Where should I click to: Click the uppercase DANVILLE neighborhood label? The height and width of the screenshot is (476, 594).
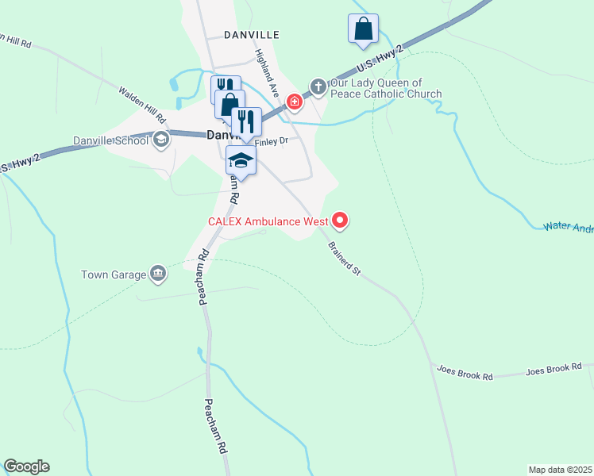pos(252,35)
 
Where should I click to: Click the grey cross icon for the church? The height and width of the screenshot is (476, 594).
pos(318,86)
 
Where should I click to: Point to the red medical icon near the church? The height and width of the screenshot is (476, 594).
pos(295,102)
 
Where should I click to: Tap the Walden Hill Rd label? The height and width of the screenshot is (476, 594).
pos(143,104)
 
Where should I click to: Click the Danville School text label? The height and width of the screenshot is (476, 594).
pos(110,141)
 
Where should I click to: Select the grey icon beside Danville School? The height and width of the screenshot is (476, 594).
pos(161,141)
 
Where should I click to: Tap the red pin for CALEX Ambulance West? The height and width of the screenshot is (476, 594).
pos(340,220)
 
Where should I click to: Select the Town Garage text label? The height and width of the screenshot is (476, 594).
pos(114,275)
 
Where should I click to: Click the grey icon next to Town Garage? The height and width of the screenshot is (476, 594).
pos(158,274)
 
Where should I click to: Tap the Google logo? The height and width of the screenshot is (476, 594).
pos(26,466)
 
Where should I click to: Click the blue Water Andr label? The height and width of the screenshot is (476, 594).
pos(569,228)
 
